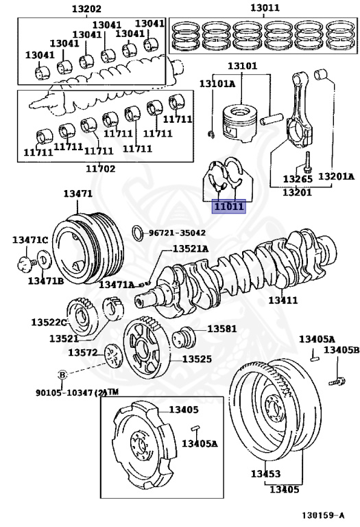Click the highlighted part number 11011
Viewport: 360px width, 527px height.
click(x=228, y=206)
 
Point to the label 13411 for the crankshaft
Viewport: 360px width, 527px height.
click(x=283, y=300)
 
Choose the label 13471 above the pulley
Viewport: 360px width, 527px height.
click(x=77, y=194)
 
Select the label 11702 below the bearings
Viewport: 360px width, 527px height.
click(x=100, y=169)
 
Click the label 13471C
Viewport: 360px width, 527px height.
click(x=30, y=239)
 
